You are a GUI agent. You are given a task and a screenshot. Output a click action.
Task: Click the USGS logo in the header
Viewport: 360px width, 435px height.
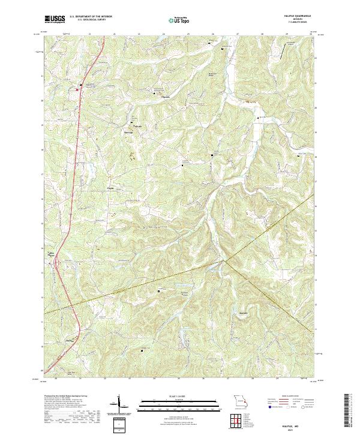(x=55, y=19)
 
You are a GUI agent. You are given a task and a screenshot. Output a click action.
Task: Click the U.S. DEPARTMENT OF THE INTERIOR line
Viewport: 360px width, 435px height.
(x=91, y=17)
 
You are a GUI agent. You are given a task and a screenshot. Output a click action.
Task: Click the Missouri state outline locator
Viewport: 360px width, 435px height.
(x=240, y=401)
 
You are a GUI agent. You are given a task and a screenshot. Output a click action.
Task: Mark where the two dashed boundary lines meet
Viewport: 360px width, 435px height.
(x=226, y=260)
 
